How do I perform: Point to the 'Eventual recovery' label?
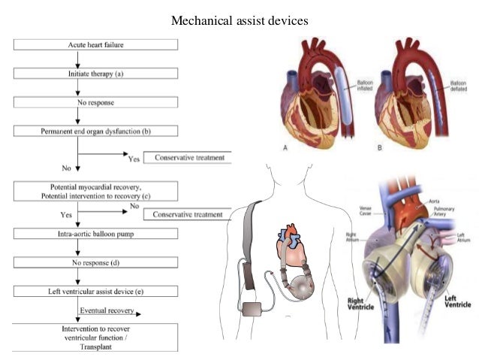(x=107, y=309)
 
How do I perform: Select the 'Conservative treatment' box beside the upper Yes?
(x=189, y=159)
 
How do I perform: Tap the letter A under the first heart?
(x=286, y=148)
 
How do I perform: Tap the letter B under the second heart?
(x=380, y=148)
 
